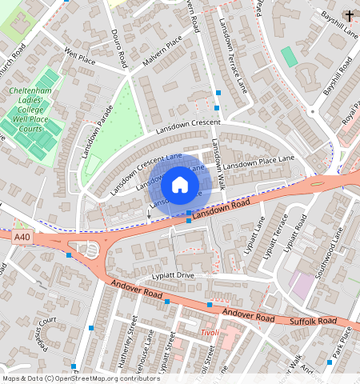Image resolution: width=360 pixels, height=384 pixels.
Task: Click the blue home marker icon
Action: [180, 185]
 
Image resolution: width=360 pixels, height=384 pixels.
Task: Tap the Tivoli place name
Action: [208, 331]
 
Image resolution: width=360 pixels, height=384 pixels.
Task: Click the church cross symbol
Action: [349, 14]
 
